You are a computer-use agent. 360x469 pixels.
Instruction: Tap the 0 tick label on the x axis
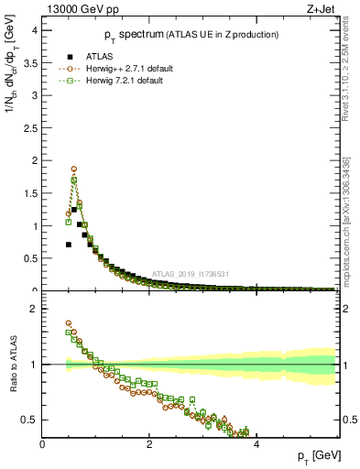pos(42,445)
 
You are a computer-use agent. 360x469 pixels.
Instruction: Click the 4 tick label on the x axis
pos(256,445)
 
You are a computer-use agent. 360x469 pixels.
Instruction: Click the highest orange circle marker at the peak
pos(73,169)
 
